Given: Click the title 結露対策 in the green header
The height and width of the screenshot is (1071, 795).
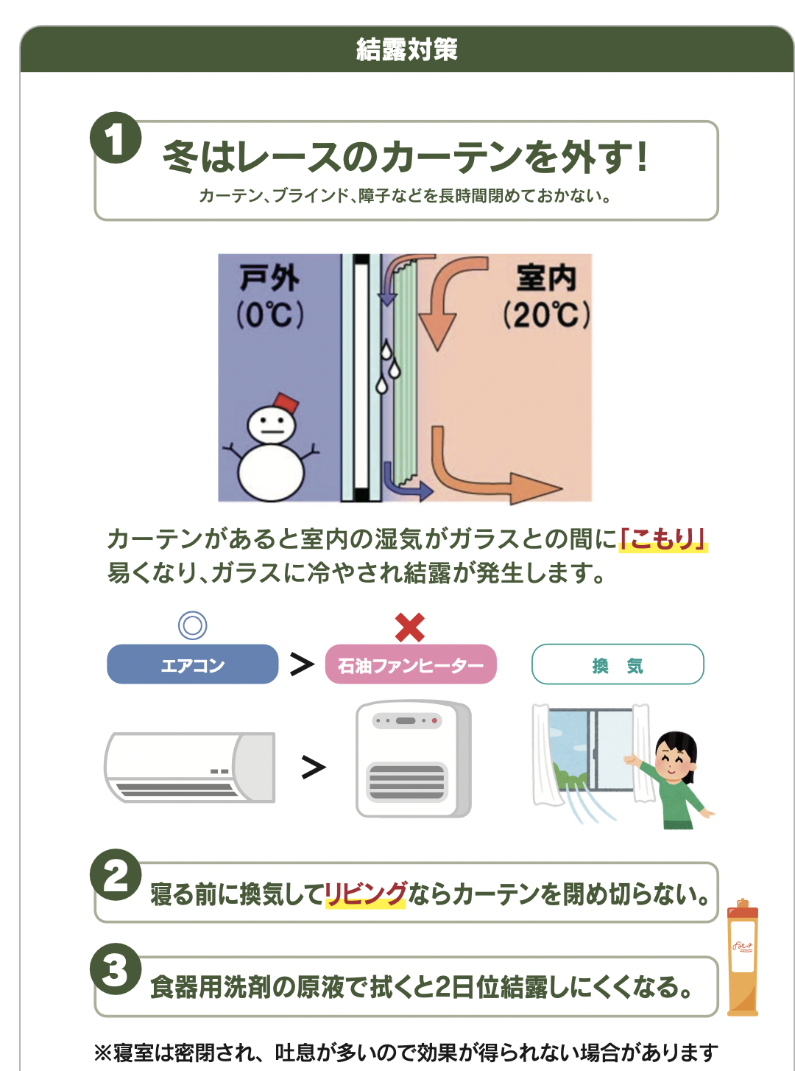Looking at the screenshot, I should tap(406, 50).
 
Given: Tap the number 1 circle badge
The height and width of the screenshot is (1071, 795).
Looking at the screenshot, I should tap(116, 138).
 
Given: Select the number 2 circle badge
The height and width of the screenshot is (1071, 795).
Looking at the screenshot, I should tap(116, 875).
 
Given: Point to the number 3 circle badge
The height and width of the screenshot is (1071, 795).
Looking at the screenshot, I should tap(116, 969).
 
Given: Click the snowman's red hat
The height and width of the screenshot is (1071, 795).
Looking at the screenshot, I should tap(286, 404).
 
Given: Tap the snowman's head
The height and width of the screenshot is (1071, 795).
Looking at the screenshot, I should tap(271, 425).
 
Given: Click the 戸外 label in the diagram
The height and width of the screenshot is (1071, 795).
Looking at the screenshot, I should tap(269, 278).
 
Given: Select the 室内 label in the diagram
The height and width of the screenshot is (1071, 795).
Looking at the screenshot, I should tap(545, 278).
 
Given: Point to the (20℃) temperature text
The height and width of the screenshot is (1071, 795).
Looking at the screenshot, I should tap(546, 315).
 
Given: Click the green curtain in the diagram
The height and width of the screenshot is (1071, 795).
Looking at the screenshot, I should tap(404, 368).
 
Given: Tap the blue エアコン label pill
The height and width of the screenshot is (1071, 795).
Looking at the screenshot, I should tap(192, 664).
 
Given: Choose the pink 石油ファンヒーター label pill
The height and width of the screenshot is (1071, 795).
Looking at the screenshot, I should tap(411, 664).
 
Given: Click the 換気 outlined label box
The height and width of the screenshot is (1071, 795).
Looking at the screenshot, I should tap(618, 664).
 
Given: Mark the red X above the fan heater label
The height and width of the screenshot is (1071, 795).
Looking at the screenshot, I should tap(410, 628).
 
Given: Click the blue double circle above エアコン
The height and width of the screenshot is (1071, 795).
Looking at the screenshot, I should tap(192, 625).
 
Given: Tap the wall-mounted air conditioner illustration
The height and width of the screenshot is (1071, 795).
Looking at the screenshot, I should tap(190, 767).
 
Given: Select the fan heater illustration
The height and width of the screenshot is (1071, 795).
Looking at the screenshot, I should tap(413, 759).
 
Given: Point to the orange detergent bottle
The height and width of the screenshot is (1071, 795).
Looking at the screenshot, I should tap(743, 958).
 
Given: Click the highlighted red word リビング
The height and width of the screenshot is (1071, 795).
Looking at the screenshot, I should tap(366, 893).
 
